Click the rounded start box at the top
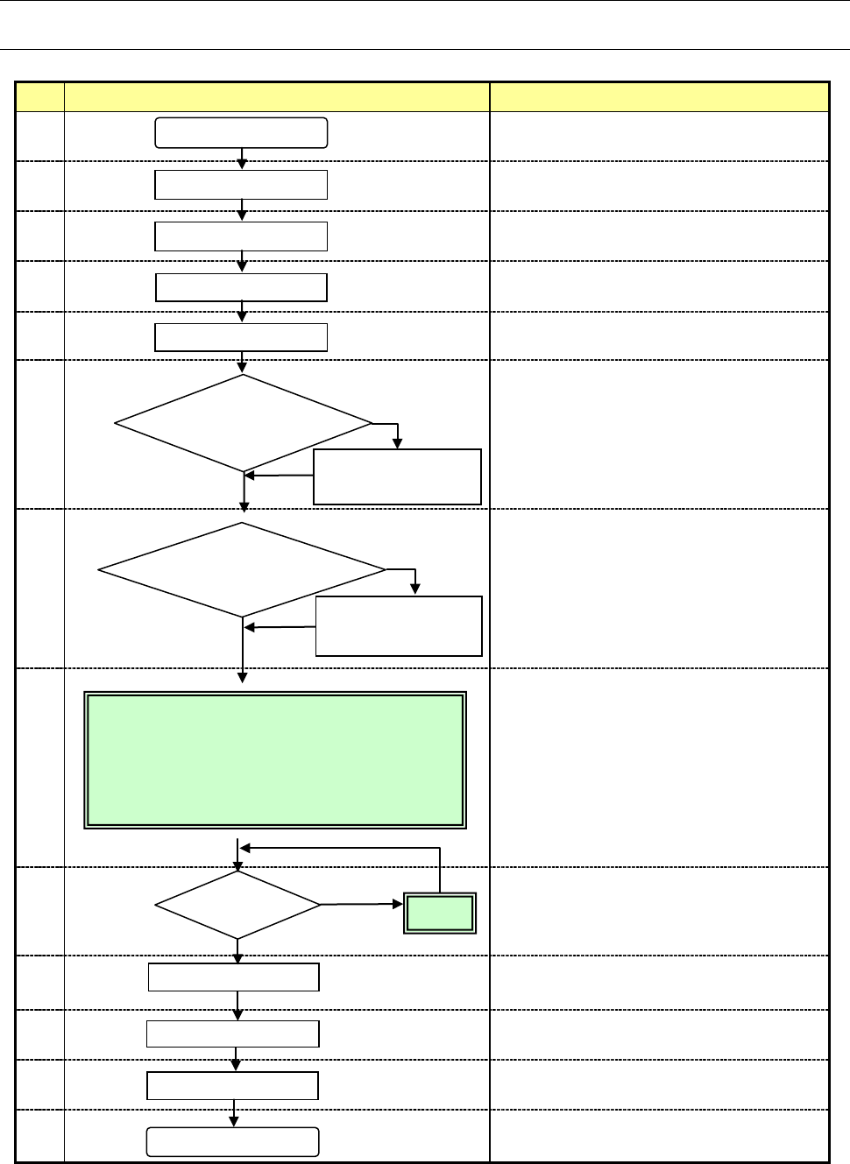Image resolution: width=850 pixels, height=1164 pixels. [x=241, y=133]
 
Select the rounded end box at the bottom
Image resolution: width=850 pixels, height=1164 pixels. [x=232, y=1142]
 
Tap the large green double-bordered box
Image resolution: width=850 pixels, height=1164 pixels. [x=275, y=760]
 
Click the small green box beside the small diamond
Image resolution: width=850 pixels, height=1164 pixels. [x=440, y=914]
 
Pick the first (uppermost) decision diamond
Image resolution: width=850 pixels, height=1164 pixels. [x=244, y=424]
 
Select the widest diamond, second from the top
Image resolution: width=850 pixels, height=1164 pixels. [x=242, y=570]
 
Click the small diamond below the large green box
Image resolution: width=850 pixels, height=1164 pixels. [x=237, y=905]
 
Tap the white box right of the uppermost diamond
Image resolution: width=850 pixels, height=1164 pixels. [x=397, y=477]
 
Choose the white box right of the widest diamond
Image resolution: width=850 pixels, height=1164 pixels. [x=399, y=626]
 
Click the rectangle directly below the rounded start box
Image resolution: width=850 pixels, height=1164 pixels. [x=241, y=185]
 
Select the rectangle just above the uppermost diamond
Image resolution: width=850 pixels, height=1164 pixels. [x=241, y=337]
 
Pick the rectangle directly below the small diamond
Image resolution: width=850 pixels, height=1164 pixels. [x=234, y=977]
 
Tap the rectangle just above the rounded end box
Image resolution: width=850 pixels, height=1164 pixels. [x=232, y=1086]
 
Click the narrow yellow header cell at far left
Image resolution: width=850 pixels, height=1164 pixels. [x=39, y=96]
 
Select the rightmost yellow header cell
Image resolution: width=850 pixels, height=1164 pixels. [x=659, y=96]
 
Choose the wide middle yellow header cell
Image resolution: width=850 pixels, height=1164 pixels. [x=277, y=96]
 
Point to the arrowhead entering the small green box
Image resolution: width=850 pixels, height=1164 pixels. [x=399, y=905]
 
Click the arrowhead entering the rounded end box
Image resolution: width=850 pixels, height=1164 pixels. [x=234, y=1122]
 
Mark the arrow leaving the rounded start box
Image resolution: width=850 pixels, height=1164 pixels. [x=242, y=159]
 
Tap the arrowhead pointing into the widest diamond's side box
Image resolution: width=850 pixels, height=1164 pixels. [x=415, y=590]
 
